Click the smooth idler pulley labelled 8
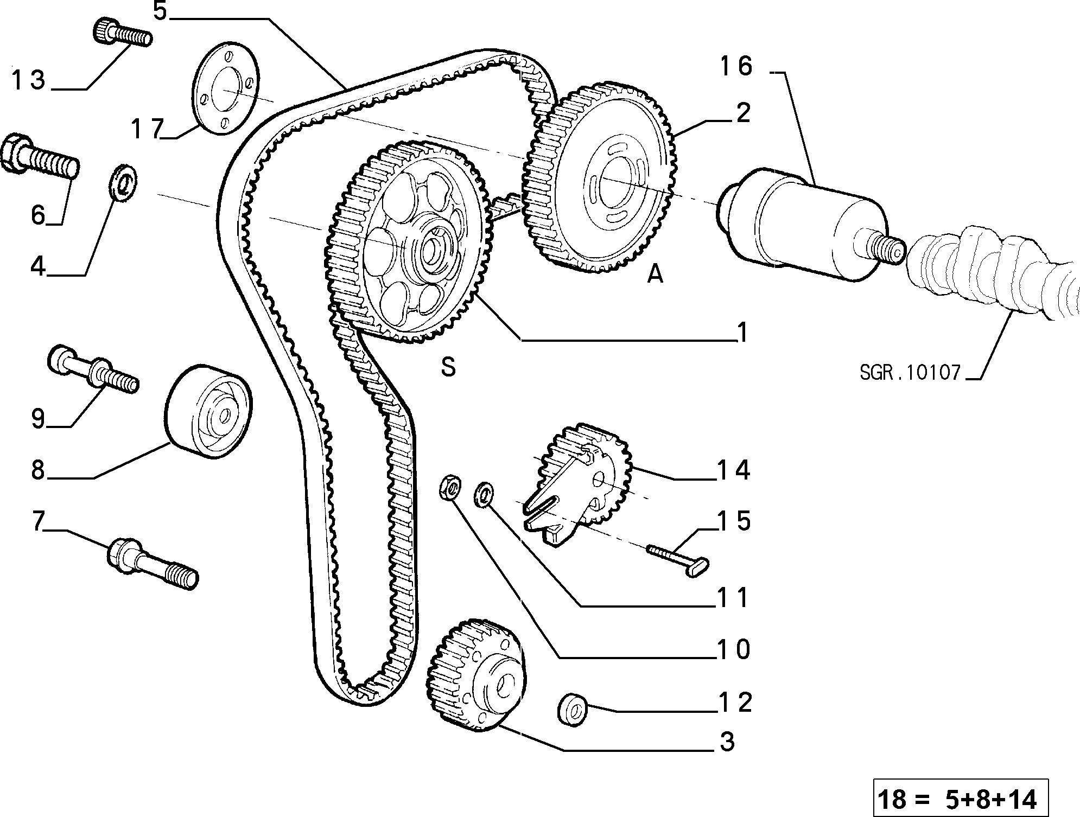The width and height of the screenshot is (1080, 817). pos(208,412)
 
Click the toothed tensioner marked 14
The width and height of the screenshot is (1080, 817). pos(578,483)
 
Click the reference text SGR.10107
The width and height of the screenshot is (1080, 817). pos(910,373)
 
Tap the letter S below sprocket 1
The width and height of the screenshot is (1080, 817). pos(448,367)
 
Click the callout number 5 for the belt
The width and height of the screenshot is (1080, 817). pos(161,11)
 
